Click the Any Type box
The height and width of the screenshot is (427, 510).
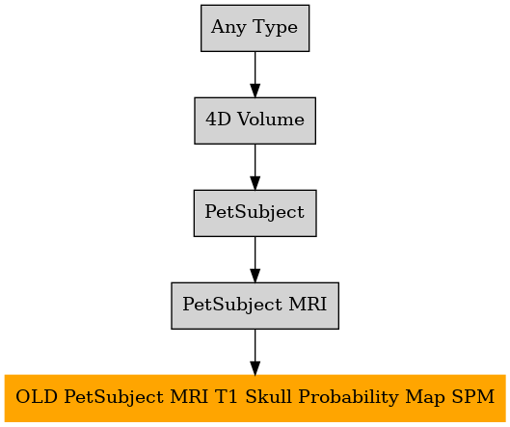[255, 28]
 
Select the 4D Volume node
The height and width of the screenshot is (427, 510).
[255, 120]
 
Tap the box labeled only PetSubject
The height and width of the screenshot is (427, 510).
[255, 213]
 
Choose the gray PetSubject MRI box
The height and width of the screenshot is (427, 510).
[255, 306]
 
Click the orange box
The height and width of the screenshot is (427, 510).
[255, 398]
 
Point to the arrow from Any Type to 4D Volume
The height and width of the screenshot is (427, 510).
[255, 74]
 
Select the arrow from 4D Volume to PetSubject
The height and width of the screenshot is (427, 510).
[255, 167]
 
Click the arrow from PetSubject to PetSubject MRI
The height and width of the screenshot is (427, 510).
[255, 259]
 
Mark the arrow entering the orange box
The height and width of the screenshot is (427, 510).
[255, 352]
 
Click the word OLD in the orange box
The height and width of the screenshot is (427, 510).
[37, 397]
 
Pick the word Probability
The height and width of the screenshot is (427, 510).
[348, 398]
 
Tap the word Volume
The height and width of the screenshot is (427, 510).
[271, 119]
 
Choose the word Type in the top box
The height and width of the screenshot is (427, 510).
[275, 27]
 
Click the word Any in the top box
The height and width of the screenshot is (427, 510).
[228, 27]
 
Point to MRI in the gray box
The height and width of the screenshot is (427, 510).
[308, 304]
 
